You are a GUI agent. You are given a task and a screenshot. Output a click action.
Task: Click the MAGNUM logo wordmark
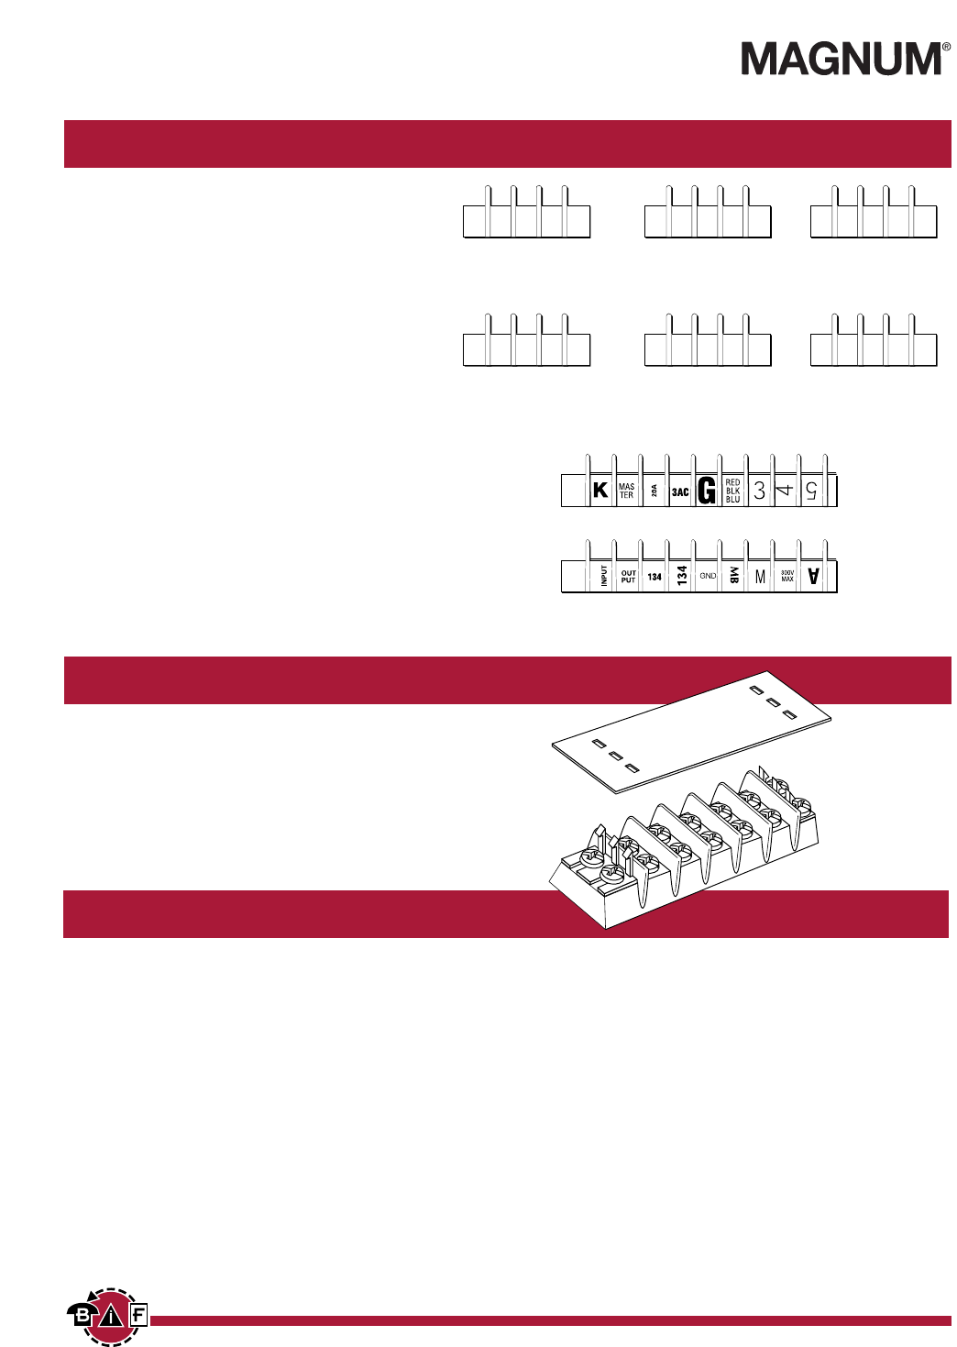point(841,59)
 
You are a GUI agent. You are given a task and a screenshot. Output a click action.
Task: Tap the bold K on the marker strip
point(600,490)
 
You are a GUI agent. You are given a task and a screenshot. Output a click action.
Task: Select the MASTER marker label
point(626,491)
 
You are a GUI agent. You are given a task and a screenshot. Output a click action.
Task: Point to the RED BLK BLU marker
point(732,491)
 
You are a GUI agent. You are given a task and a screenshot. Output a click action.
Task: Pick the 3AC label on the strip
point(680,492)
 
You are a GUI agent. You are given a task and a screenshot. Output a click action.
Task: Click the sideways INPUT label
point(604,575)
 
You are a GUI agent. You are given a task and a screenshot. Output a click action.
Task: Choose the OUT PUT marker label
point(628,577)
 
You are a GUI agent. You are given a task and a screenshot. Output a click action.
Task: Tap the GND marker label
point(708,576)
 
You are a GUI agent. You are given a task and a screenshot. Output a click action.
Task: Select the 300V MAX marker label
point(786,576)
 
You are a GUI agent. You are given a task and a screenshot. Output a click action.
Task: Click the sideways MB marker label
point(733,575)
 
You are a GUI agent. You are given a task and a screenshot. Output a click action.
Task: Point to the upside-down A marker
point(812,576)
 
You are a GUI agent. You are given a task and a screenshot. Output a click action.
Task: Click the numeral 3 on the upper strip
point(759,491)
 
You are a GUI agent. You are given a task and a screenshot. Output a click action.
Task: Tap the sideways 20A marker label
point(654,491)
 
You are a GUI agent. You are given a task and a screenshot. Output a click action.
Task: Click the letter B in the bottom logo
point(82,1316)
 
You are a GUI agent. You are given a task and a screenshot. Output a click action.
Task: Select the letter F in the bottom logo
point(137,1316)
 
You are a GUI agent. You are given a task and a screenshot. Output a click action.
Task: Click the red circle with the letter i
point(111,1318)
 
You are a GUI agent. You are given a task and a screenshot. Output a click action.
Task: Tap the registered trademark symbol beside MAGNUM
point(946,46)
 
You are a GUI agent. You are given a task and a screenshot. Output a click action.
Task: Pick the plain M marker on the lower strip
point(760,577)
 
